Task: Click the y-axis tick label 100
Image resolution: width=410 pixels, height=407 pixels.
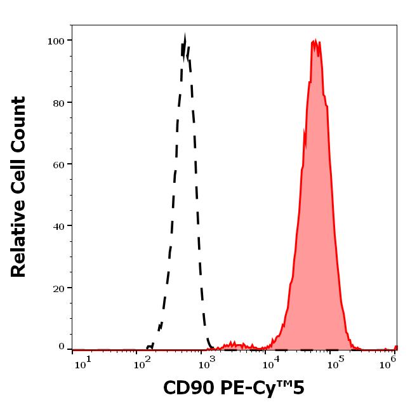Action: click(x=56, y=41)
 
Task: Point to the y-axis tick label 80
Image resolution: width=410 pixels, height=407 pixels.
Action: click(x=58, y=103)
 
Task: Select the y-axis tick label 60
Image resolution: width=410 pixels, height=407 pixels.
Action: click(x=58, y=164)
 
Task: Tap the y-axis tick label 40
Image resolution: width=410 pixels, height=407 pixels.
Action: click(x=58, y=226)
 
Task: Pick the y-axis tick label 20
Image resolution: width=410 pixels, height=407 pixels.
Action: click(x=58, y=288)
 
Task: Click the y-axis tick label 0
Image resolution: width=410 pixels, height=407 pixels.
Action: click(x=62, y=347)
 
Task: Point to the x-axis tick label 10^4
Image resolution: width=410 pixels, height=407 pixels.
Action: click(x=272, y=362)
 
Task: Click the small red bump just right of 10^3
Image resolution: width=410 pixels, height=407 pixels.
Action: click(x=232, y=344)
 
